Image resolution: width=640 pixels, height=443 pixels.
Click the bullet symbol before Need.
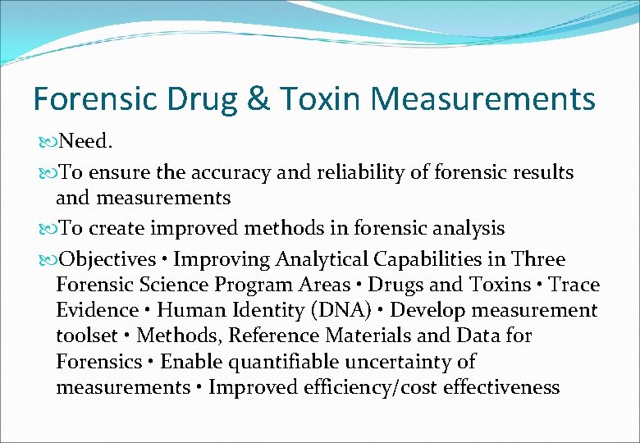45,142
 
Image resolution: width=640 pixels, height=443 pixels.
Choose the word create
117,228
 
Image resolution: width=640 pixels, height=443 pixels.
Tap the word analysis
464,228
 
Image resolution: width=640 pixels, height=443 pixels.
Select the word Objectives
107,259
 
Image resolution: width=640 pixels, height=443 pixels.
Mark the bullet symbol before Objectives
45,259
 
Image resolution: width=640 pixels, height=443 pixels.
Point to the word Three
537,259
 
